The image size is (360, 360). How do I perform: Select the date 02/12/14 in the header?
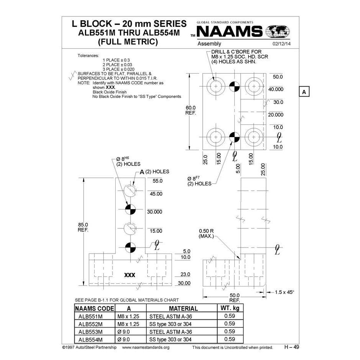pyautogui.click(x=281, y=44)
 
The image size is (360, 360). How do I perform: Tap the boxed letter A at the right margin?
pyautogui.click(x=304, y=92)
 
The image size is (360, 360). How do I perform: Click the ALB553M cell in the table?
pyautogui.click(x=90, y=332)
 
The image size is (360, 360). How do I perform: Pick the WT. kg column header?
pyautogui.click(x=229, y=308)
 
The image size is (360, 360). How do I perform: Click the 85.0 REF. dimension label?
pyautogui.click(x=83, y=227)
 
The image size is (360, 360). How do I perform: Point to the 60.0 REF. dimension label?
pyautogui.click(x=191, y=111)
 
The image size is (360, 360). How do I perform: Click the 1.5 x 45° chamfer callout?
pyautogui.click(x=284, y=292)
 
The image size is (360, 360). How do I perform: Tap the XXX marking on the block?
pyautogui.click(x=130, y=275)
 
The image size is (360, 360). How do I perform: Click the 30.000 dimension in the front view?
pyautogui.click(x=155, y=212)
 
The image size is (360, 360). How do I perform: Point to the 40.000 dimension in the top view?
pyautogui.click(x=275, y=89)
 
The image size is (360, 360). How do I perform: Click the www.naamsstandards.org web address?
pyautogui.click(x=146, y=347)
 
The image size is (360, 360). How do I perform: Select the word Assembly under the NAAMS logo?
pyautogui.click(x=209, y=44)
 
